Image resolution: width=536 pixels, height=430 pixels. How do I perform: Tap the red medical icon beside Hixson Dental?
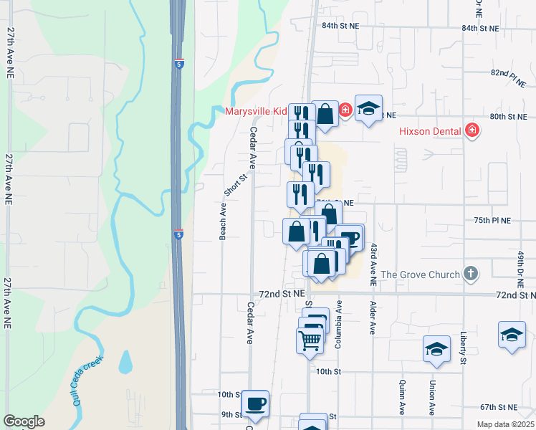click(x=472, y=130)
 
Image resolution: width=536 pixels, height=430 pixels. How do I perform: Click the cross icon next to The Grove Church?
click(x=470, y=274)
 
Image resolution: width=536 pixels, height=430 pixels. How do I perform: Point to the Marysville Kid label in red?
click(x=256, y=111)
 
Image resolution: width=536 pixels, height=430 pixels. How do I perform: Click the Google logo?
click(x=24, y=421)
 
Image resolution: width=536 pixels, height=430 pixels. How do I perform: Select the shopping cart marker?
click(x=310, y=339)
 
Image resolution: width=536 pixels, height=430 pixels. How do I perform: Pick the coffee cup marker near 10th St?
click(x=255, y=403)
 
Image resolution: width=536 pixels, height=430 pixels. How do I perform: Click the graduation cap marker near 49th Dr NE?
click(x=512, y=335)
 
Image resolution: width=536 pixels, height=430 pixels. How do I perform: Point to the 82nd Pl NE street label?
click(x=509, y=74)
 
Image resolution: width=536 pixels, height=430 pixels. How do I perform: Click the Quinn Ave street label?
click(x=403, y=397)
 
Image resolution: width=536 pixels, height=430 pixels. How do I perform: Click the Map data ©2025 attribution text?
click(x=504, y=424)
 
